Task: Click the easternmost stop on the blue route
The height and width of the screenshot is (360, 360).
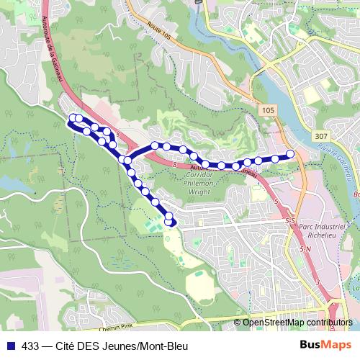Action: (291, 153)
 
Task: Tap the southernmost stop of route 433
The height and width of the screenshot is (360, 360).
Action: (170, 222)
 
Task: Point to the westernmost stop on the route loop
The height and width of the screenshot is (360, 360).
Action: (71, 118)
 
